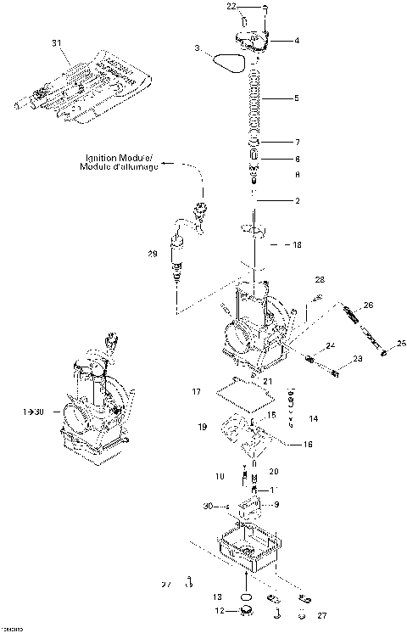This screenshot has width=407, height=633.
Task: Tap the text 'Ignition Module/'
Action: (x=119, y=158)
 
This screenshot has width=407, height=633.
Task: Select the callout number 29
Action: (x=152, y=254)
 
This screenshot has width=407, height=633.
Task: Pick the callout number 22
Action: (x=231, y=7)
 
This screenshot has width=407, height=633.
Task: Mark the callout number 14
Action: (x=313, y=418)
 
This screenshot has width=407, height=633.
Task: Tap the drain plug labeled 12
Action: (x=247, y=610)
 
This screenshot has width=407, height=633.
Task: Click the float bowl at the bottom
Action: (x=246, y=547)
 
